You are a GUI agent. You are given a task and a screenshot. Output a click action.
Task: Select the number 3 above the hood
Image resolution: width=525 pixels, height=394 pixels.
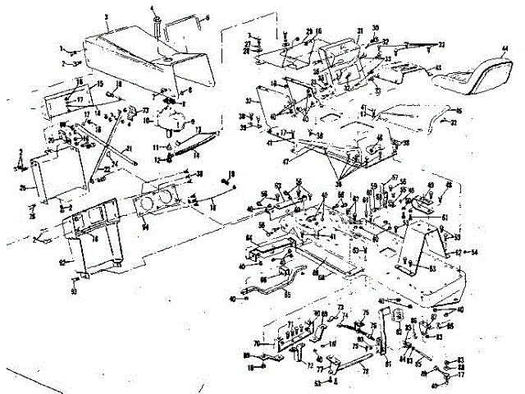(x=107, y=16)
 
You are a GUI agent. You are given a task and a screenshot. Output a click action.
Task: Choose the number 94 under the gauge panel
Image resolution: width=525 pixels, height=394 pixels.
(x=146, y=226)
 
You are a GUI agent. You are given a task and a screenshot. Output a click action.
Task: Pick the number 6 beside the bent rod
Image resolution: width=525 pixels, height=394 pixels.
(x=207, y=16)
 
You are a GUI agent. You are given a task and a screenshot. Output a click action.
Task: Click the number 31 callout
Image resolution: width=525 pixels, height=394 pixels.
(x=359, y=31)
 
